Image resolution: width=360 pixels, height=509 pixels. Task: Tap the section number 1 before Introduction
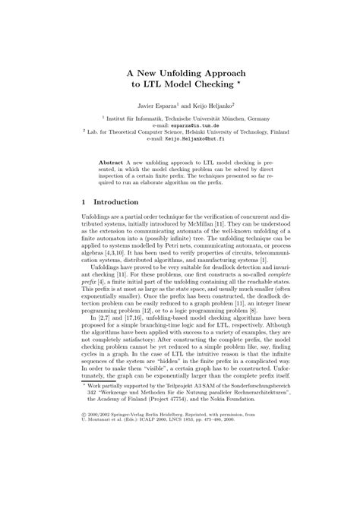pos(83,204)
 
